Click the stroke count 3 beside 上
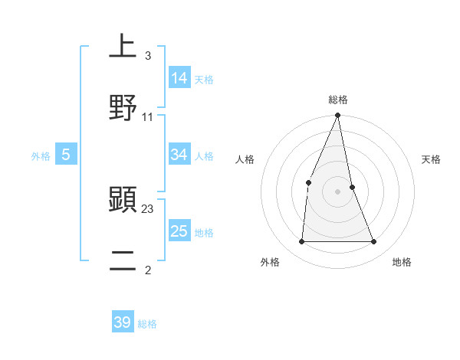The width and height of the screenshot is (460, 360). point(147,56)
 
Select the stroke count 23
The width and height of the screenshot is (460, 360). point(148,208)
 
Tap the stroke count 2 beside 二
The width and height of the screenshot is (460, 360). point(147,270)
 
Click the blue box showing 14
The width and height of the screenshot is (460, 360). point(179,77)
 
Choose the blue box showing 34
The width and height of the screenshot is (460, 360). point(179,155)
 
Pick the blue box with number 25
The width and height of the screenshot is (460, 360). point(179,231)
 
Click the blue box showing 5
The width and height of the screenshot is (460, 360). point(66,155)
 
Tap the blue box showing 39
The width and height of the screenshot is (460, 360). point(123,322)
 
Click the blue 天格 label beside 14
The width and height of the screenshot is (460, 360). point(204,79)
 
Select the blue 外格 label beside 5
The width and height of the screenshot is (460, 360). point(41,156)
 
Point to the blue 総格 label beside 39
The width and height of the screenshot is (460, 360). point(147,324)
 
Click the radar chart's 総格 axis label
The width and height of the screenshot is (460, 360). point(338,100)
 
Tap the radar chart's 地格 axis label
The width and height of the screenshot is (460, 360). point(402,262)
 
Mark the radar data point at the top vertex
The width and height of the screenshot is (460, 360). point(337,116)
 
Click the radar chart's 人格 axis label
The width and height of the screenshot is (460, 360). point(245,159)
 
